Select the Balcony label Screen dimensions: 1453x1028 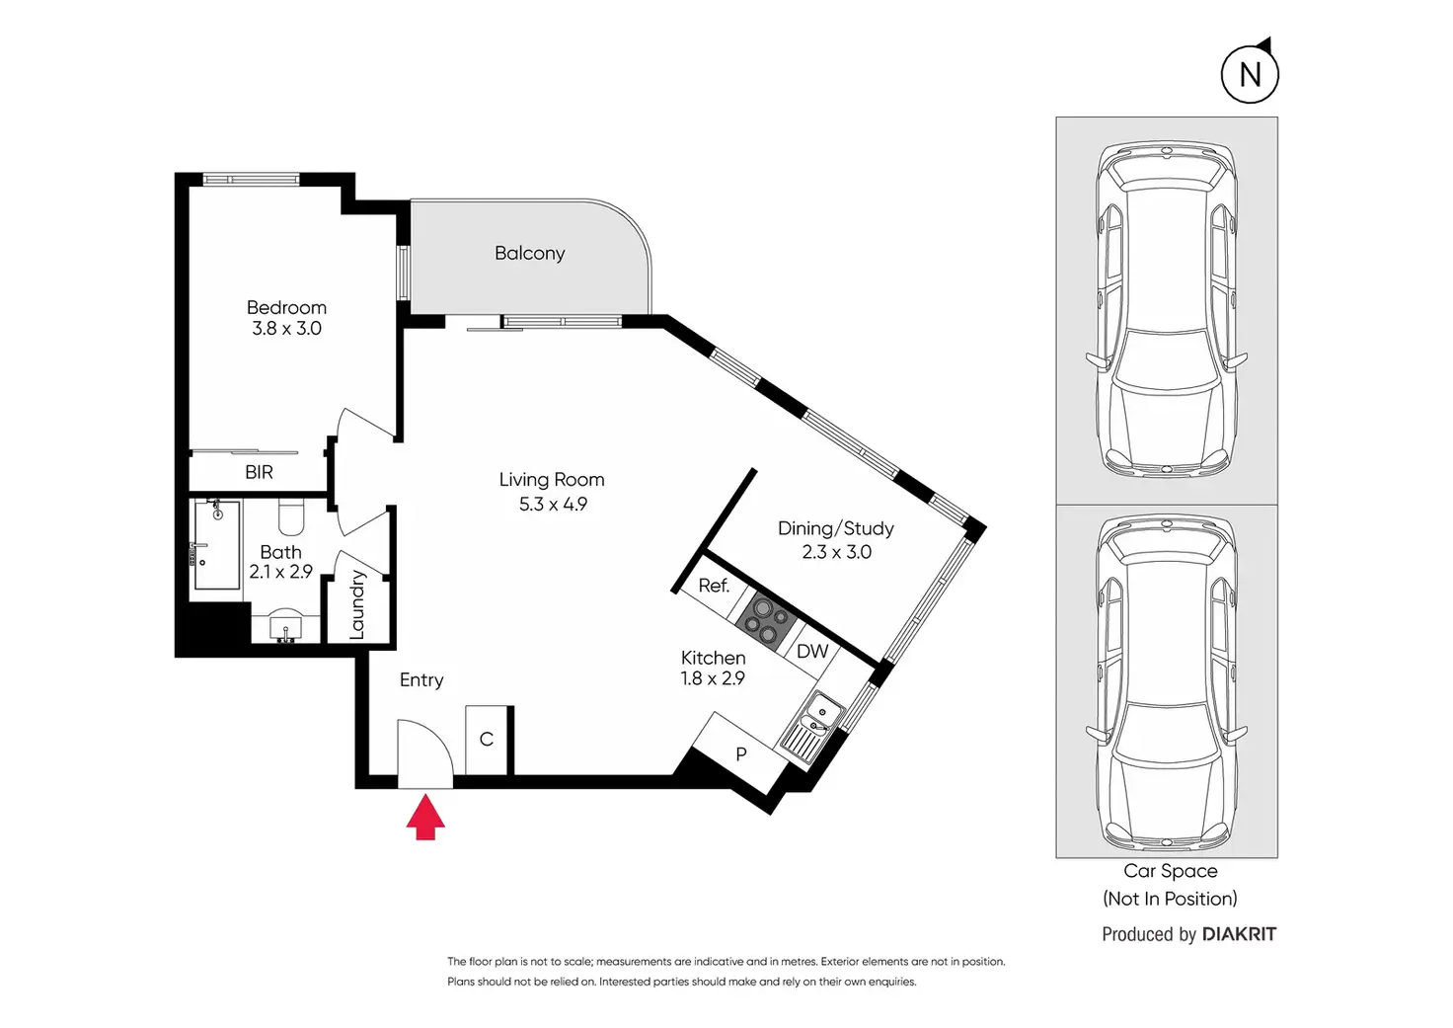[x=529, y=253]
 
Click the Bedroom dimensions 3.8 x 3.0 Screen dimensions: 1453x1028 [x=286, y=329]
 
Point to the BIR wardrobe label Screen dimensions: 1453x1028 [x=259, y=472]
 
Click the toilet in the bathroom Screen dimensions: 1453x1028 [x=291, y=516]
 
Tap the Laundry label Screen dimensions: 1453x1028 [x=356, y=605]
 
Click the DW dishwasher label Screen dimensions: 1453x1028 [x=812, y=651]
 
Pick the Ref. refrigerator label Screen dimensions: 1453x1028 [x=714, y=586]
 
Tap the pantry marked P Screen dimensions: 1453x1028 [x=740, y=753]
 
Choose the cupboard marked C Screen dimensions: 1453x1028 [x=487, y=740]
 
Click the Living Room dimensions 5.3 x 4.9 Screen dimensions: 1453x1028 [x=553, y=505]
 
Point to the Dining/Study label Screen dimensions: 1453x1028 [x=835, y=528]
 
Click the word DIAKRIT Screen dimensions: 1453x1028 [x=1239, y=934]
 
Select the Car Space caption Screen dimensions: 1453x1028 [x=1170, y=871]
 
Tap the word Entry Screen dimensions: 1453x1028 [x=421, y=680]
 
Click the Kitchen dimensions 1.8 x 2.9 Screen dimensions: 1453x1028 [x=713, y=678]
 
